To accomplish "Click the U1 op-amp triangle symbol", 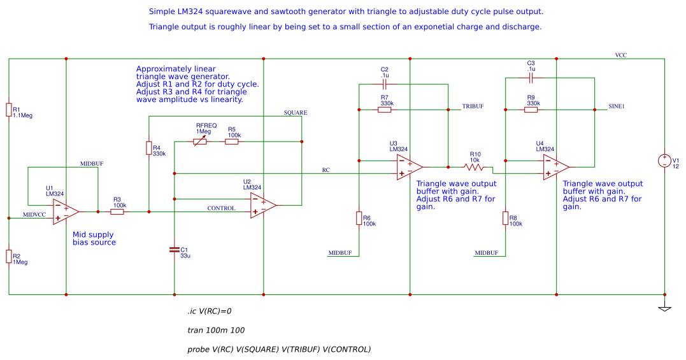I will pos(66,212).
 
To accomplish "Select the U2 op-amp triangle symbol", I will pos(263,205).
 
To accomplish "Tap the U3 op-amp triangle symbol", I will pos(410,167).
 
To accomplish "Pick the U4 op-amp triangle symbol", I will pos(556,167).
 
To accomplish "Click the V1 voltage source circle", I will pos(664,161).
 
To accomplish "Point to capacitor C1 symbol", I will pos(175,250).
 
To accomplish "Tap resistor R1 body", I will pos(9,110).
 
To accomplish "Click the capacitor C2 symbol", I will pos(385,83).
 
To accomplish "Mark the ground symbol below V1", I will pos(664,308).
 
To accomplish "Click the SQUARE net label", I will pos(296,113).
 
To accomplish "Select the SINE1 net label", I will pos(617,106).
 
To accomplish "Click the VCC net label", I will pos(620,55).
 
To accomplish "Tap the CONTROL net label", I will pos(221,208).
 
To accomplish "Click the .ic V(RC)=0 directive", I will pos(209,312).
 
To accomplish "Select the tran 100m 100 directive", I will pos(215,330).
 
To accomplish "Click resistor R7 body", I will pos(385,110).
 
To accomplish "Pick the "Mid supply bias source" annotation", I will pos(94,238).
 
